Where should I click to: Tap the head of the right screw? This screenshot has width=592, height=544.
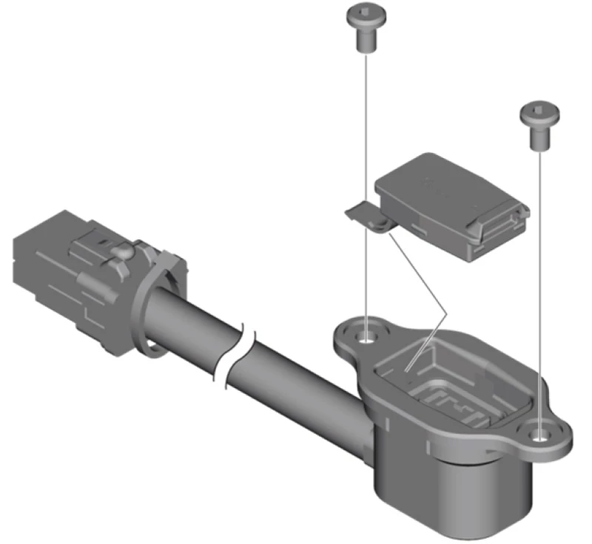(539, 115)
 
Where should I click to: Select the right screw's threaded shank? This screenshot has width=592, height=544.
(540, 139)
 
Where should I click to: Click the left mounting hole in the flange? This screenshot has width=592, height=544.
(366, 339)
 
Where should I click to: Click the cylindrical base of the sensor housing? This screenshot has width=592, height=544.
(451, 488)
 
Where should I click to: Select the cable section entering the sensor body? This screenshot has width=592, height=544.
(311, 399)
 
